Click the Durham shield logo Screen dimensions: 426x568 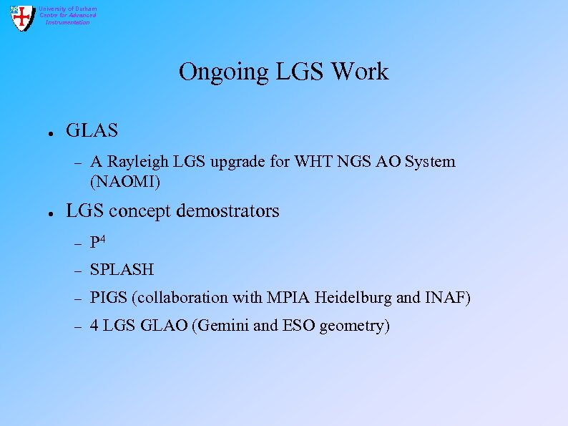(x=22, y=17)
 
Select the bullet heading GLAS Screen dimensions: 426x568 (x=92, y=131)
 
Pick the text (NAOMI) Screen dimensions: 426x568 (x=126, y=182)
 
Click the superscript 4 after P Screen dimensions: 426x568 (x=104, y=238)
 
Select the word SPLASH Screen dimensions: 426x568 (x=122, y=270)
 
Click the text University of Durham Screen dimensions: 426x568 (x=68, y=9)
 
